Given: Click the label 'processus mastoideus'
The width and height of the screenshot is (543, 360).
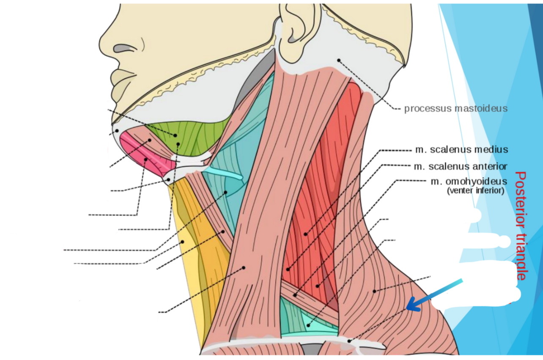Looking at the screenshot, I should pos(455,108).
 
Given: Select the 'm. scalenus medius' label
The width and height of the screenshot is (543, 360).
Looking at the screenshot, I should pos(461,150).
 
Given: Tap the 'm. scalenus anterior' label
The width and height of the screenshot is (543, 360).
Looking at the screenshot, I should pos(461,166).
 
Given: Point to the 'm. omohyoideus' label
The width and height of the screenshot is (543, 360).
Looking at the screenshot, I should pos(469,182).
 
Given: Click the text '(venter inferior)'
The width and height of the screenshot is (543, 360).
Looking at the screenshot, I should pos(475,191).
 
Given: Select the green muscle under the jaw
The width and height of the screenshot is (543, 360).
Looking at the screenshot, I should pos(190,135).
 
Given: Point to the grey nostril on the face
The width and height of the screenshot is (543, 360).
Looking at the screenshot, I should pos(122,48).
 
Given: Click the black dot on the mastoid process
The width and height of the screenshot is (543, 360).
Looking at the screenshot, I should pos(339,60).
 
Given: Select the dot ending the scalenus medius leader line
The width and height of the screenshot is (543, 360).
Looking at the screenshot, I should pos(305,234).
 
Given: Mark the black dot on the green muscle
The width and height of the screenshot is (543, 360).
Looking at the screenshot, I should pos(176,135).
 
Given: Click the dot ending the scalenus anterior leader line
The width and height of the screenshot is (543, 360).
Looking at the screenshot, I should pos(288,269).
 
